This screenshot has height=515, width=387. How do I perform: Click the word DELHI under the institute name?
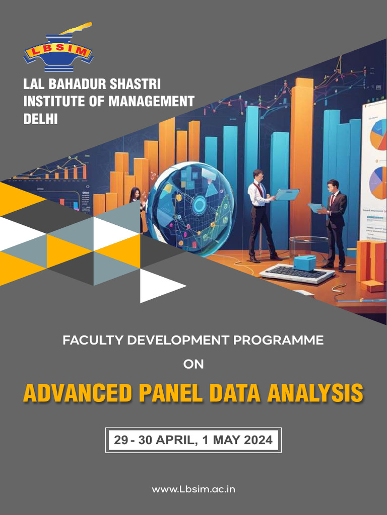pyautogui.click(x=41, y=119)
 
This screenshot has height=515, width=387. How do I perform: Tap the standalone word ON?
pyautogui.click(x=193, y=364)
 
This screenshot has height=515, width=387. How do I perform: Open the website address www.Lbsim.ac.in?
pyautogui.click(x=193, y=489)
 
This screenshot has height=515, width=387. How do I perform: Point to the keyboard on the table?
pyautogui.click(x=297, y=273)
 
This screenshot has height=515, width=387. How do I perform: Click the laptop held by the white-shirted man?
pyautogui.click(x=287, y=195)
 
